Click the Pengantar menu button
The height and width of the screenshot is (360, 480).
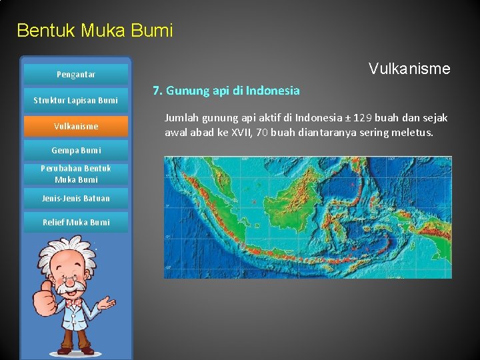pyautogui.click(x=75, y=75)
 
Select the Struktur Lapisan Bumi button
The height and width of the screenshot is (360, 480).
pyautogui.click(x=75, y=101)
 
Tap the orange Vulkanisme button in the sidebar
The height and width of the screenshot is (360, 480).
pyautogui.click(x=75, y=126)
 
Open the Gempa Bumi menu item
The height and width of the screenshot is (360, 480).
pyautogui.click(x=75, y=150)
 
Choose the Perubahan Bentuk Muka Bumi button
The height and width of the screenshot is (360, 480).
pyautogui.click(x=75, y=174)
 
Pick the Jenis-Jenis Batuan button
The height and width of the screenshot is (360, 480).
pyautogui.click(x=75, y=198)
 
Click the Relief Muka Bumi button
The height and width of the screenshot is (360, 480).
pyautogui.click(x=75, y=222)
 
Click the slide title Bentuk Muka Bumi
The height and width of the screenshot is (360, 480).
pyautogui.click(x=95, y=31)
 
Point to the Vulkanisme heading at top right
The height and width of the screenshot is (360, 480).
pyautogui.click(x=409, y=69)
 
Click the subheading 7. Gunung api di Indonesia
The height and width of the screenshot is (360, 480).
pyautogui.click(x=226, y=90)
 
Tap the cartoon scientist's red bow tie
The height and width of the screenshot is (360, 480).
pyautogui.click(x=73, y=301)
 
